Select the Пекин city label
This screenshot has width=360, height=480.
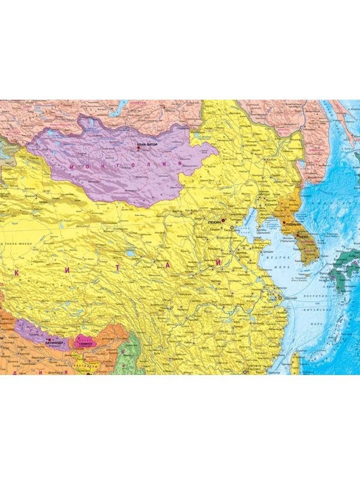[x=214, y=222]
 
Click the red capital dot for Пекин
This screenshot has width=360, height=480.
[x=223, y=220]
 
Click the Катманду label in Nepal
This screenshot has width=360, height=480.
[x=54, y=344]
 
